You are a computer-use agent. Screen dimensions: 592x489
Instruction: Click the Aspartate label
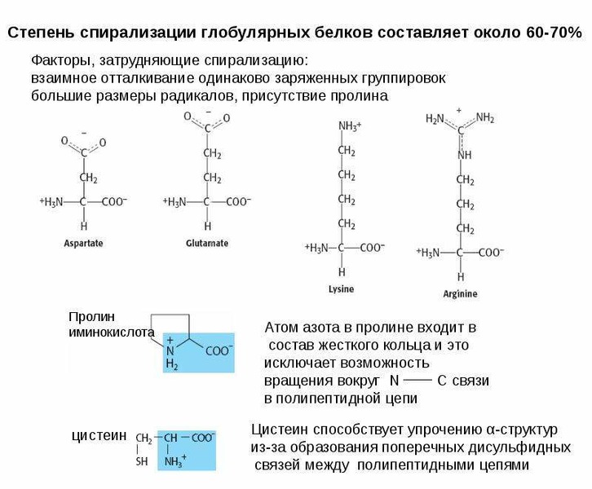point(83,243)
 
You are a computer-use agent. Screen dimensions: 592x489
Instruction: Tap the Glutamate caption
point(207,243)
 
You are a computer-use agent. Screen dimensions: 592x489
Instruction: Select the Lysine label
point(342,289)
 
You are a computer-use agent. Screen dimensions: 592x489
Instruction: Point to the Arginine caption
point(460,293)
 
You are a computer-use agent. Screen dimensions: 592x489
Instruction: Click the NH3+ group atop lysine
point(350,126)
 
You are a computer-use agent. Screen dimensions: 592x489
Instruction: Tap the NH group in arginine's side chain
point(465,155)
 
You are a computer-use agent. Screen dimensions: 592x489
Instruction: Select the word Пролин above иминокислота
point(92,316)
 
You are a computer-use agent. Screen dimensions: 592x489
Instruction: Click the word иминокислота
point(112,333)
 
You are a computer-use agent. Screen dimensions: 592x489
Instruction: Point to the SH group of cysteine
point(142,461)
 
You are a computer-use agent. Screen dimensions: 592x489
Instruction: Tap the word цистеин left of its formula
point(99,435)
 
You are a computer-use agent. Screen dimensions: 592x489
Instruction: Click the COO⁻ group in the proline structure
point(219,350)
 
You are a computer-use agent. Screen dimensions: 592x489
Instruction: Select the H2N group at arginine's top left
point(435,119)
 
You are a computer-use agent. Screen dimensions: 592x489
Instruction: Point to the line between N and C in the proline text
point(417,381)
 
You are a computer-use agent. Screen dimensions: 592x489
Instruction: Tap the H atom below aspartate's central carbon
point(84,226)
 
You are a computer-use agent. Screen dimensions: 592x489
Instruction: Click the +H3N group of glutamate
point(175,202)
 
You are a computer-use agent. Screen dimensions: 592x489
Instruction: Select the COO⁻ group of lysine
point(373,248)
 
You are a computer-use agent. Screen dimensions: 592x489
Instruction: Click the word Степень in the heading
point(41,33)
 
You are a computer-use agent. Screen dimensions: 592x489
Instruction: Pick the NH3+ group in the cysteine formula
point(175,461)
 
